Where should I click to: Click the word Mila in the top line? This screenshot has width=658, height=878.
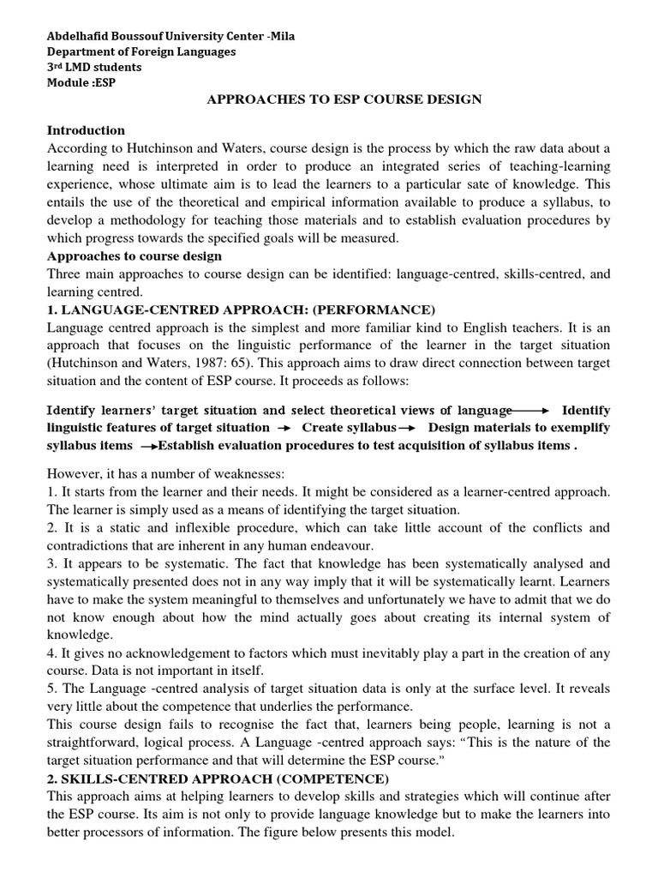point(282,36)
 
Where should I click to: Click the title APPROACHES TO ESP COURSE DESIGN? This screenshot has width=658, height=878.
point(345,99)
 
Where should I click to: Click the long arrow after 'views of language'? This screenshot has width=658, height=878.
point(531,411)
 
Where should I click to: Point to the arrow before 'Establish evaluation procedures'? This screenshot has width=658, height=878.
point(148,446)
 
